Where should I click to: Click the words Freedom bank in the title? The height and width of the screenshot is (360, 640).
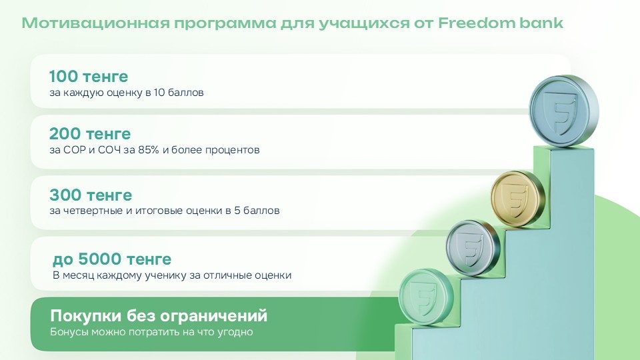[501, 23]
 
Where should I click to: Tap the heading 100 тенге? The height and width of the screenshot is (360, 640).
[89, 76]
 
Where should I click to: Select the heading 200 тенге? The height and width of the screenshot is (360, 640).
[90, 133]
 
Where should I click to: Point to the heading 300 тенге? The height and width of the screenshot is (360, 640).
[91, 195]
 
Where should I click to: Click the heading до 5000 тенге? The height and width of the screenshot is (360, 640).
[112, 259]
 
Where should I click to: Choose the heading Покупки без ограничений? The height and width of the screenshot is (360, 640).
[159, 315]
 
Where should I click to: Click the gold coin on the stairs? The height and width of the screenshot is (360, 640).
[517, 199]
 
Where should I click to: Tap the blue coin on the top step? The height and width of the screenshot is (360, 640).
[564, 110]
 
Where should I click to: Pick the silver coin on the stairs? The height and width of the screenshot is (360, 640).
[473, 248]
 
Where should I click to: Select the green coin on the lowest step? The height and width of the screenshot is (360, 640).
[426, 297]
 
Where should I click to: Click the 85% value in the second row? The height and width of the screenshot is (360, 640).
[148, 150]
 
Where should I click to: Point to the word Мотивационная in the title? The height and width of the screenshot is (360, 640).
[95, 23]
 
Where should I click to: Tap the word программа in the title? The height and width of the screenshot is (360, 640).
[225, 24]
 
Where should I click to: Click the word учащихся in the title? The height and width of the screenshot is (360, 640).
[363, 24]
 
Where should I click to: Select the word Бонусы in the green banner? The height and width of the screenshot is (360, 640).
[69, 332]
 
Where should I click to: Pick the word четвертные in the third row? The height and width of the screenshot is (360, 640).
[92, 211]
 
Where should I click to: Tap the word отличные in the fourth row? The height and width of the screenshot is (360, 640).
[227, 275]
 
